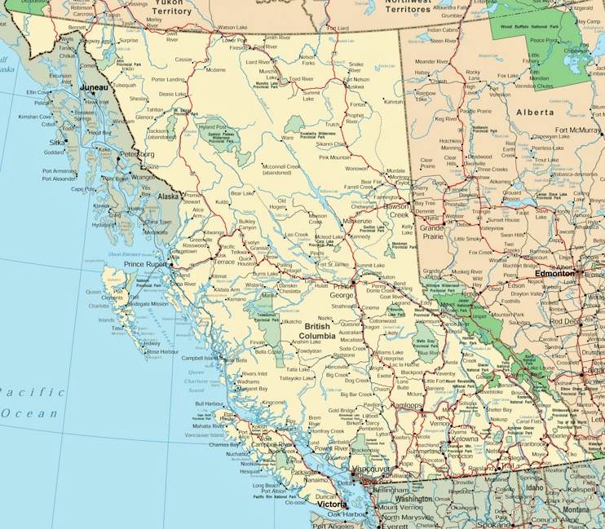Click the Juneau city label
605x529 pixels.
(x=95, y=85)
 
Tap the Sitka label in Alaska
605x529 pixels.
(x=56, y=141)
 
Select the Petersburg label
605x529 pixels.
(x=136, y=153)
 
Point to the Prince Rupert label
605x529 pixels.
(x=145, y=264)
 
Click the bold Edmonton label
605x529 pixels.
(x=554, y=274)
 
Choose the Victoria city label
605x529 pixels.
(x=332, y=504)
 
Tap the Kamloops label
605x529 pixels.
(x=407, y=404)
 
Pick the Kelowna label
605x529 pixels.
(x=464, y=439)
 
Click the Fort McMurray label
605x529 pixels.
(x=579, y=130)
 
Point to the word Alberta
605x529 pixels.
(x=534, y=112)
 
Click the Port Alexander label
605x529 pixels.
(x=58, y=179)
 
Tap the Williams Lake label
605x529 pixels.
(x=391, y=352)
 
